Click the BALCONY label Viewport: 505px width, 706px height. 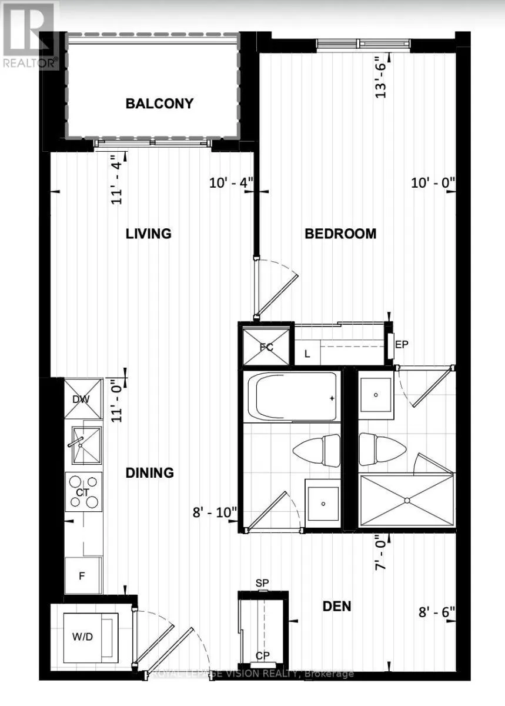(x=159, y=104)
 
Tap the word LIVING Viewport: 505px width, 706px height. (x=149, y=234)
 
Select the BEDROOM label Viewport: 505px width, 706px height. (x=340, y=234)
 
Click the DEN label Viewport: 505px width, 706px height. (x=337, y=606)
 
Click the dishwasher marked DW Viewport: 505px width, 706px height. (x=83, y=399)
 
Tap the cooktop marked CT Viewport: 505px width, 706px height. (x=83, y=492)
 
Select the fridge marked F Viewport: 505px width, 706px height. (x=83, y=576)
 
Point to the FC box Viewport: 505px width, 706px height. (x=266, y=347)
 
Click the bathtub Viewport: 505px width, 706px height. (x=292, y=396)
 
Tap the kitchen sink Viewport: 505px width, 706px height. (x=86, y=445)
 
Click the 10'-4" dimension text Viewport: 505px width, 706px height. (x=231, y=183)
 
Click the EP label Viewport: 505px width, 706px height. (x=402, y=345)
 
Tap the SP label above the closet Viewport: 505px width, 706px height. (x=262, y=583)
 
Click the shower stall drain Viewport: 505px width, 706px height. (x=407, y=500)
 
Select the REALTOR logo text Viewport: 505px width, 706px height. (x=31, y=63)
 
